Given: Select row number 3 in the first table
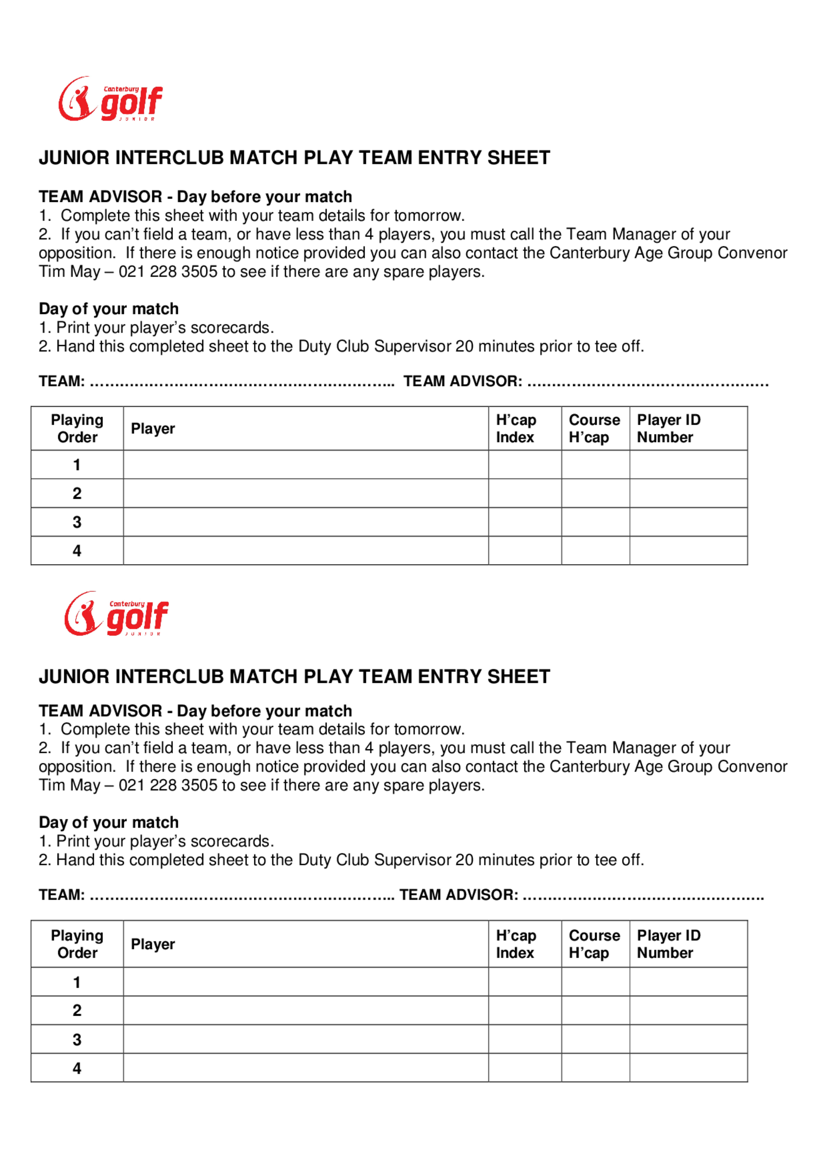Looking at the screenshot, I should pyautogui.click(x=77, y=522).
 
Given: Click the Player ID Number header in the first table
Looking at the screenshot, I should pyautogui.click(x=669, y=428).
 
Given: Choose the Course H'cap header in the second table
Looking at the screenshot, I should pyautogui.click(x=594, y=944).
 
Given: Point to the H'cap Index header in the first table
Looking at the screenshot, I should pyautogui.click(x=516, y=428).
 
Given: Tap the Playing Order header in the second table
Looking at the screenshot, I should pyautogui.click(x=77, y=944).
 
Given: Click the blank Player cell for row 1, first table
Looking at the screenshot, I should pyautogui.click(x=306, y=465).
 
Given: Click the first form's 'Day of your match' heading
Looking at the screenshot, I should pyautogui.click(x=108, y=309).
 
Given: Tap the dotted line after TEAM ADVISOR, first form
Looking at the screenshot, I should pyautogui.click(x=648, y=382).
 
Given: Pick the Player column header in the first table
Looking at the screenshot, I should pyautogui.click(x=153, y=428).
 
